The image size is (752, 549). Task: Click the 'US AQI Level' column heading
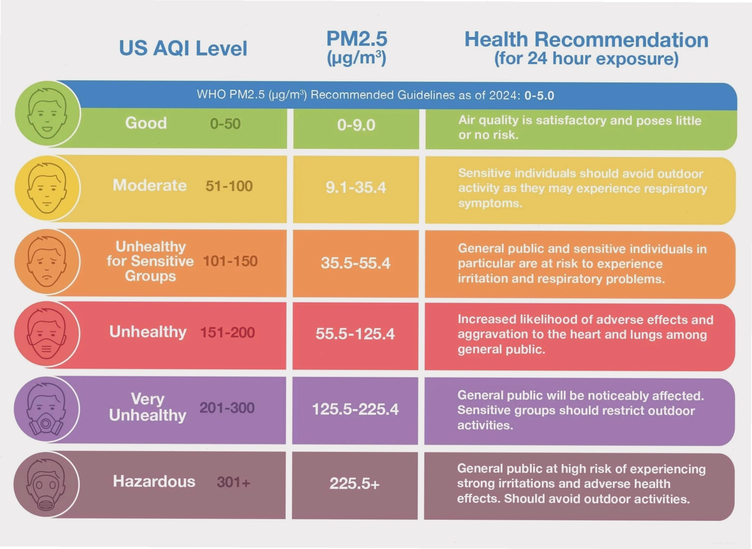[x=183, y=48]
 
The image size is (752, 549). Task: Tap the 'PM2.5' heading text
[x=356, y=39]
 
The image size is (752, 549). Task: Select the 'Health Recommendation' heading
[x=586, y=39]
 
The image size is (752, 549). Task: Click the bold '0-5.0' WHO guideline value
[x=539, y=95]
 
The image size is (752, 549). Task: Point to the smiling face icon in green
[x=47, y=113]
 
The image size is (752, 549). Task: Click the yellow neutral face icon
[x=47, y=188]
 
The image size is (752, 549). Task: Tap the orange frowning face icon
[x=46, y=261]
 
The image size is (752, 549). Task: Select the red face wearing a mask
[x=46, y=333]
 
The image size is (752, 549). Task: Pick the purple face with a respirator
[x=46, y=409]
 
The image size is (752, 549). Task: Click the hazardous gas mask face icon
[x=46, y=484]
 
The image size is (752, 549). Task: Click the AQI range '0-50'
[x=225, y=124]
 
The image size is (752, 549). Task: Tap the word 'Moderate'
[x=150, y=185]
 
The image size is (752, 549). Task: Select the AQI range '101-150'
[x=230, y=261]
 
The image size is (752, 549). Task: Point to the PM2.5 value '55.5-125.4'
[x=355, y=334]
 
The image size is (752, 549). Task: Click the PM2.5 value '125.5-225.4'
[x=355, y=409]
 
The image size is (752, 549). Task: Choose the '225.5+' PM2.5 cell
[x=354, y=483]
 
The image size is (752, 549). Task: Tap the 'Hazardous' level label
[x=154, y=481]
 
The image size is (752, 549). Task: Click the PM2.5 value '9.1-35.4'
[x=356, y=187]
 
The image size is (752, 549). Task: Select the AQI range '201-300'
[x=227, y=408]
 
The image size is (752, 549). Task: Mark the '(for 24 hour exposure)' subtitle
[x=586, y=58]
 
